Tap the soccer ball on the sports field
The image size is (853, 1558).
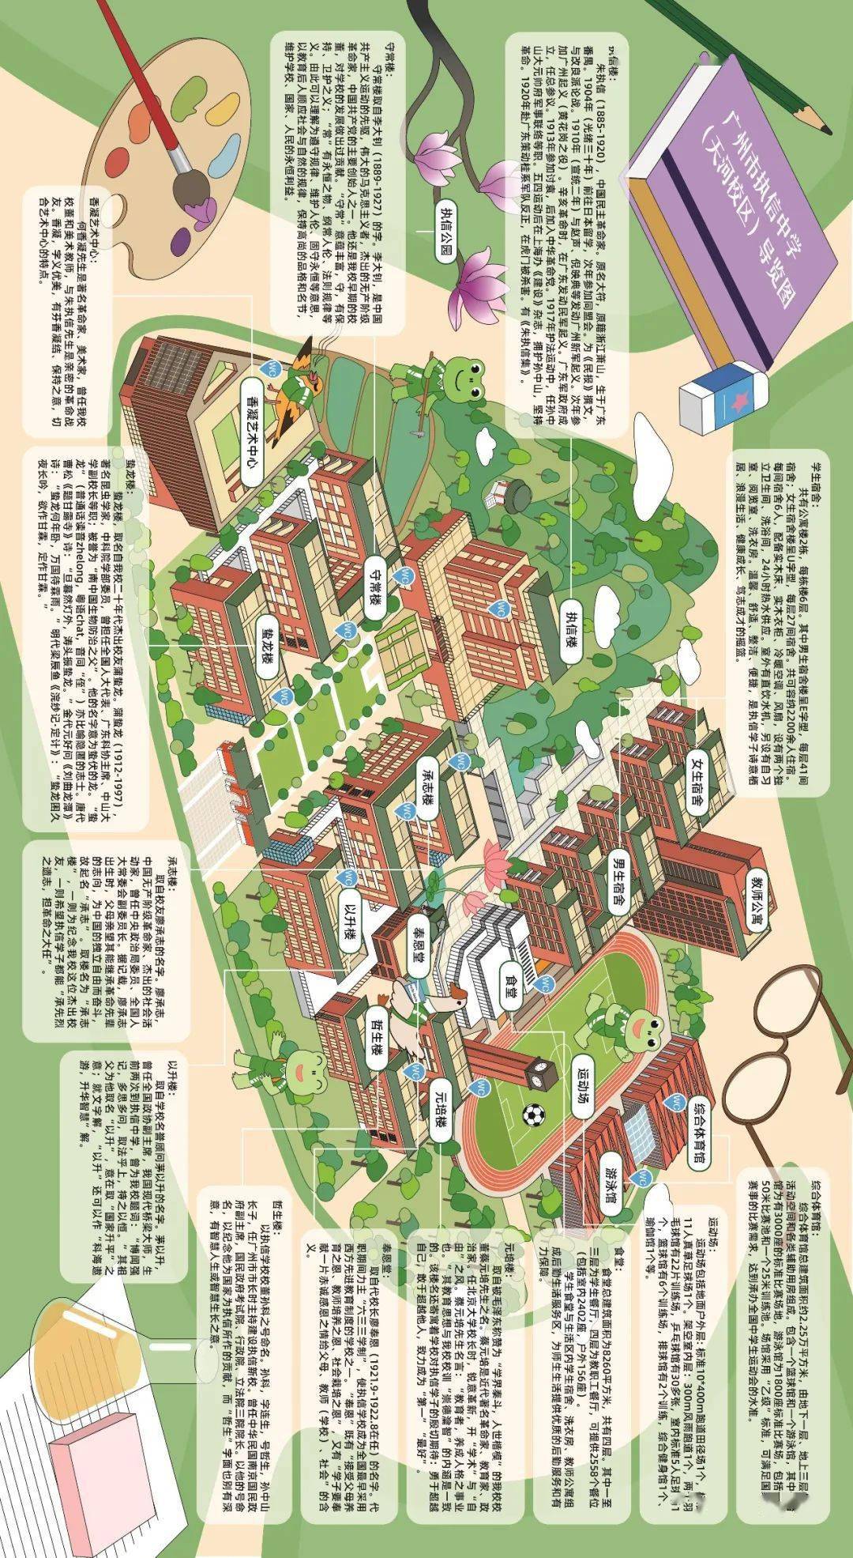[533, 1115]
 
